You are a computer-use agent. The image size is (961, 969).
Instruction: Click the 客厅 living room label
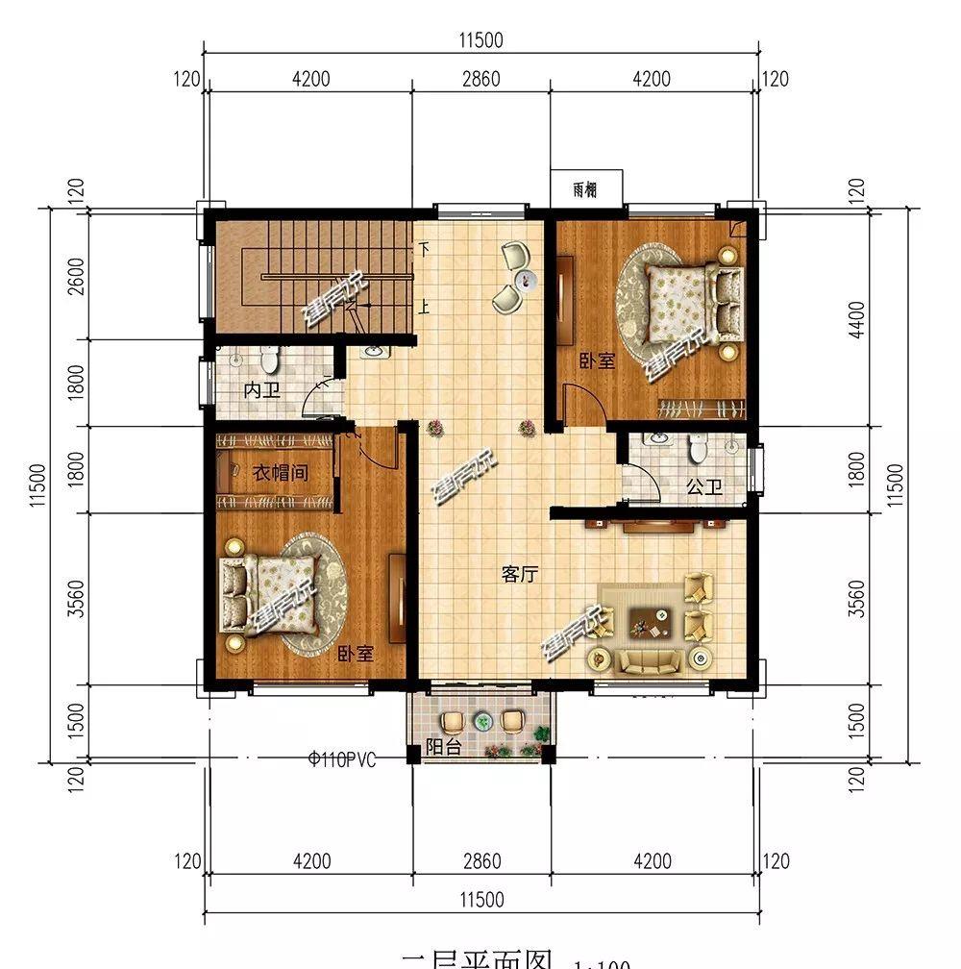pos(519,574)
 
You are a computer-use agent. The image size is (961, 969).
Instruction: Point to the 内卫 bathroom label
pos(260,391)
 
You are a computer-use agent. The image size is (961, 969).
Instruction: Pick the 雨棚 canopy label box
pos(585,189)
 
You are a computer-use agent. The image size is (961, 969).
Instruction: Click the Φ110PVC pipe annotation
pos(342,758)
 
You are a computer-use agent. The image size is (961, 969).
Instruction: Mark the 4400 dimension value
pos(858,319)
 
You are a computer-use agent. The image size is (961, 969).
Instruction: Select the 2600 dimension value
pos(78,278)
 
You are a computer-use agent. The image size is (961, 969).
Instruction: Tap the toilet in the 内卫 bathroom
pos(269,360)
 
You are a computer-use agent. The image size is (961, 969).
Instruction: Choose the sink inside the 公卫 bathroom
pos(659,441)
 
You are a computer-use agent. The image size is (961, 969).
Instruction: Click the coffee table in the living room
pos(649,623)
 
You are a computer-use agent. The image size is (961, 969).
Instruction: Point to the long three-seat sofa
pos(649,659)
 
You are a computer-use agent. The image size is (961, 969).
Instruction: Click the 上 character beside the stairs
pos(423,308)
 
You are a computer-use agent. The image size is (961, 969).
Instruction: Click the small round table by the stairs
pos(524,280)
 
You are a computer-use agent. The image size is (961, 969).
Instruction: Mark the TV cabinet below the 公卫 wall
pos(659,525)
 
